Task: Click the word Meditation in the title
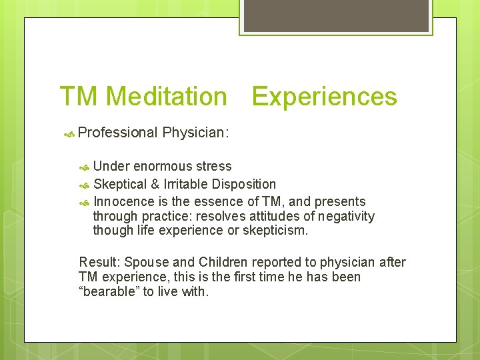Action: (x=166, y=97)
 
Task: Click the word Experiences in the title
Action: (x=324, y=97)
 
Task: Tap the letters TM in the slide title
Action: (x=79, y=97)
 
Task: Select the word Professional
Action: (x=117, y=133)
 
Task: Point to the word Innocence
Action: (x=122, y=201)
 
